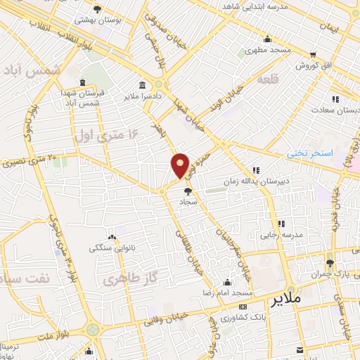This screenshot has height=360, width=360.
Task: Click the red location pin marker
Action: pos(181,165)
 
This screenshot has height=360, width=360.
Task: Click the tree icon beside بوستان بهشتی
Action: pos(97,9)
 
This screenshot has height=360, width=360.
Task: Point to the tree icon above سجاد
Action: pos(188,191)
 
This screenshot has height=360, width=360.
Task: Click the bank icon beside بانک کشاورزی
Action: pos(243,307)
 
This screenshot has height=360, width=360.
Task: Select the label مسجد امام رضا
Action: pos(228,291)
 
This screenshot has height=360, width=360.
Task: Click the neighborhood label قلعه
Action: pos(268,78)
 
